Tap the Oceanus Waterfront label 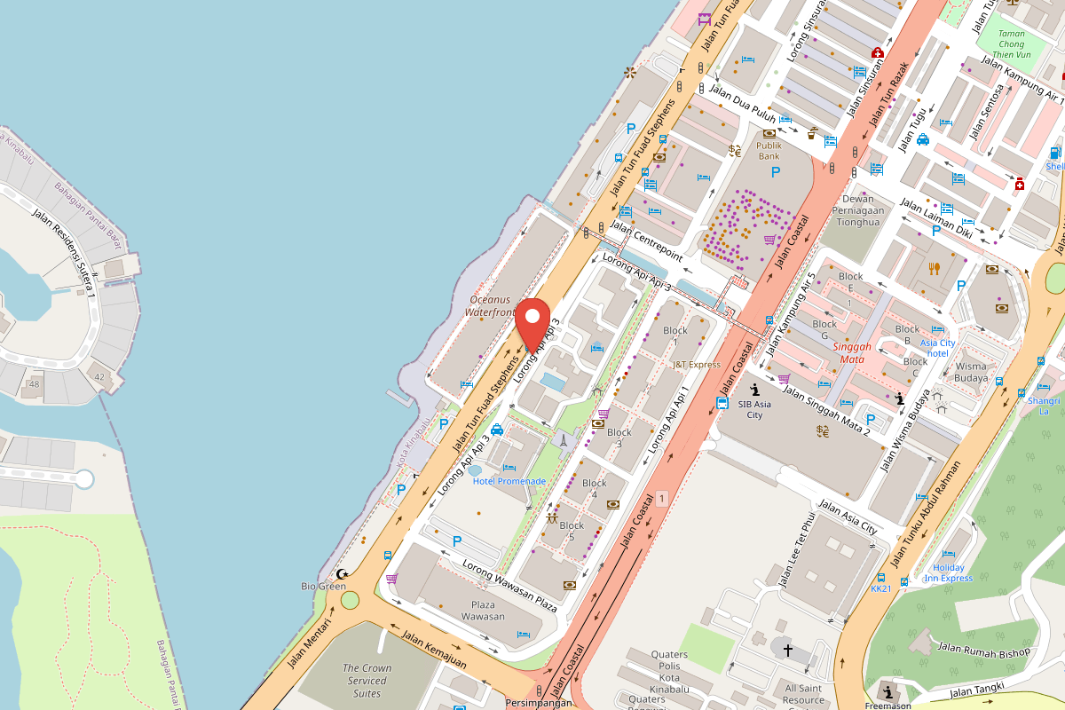pos(492,306)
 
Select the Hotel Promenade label pos(509,481)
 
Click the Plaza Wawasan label pos(483,610)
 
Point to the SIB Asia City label pos(753,409)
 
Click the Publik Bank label pos(769,150)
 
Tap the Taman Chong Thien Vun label pos(1011,43)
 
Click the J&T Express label pos(697,365)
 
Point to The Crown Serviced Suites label pos(367,681)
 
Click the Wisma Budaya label pos(971,371)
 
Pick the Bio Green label pos(323,587)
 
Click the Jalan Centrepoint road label pos(645,242)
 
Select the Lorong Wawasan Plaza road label pos(509,587)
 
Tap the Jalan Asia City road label pos(848,517)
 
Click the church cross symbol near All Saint pos(787,651)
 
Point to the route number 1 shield pos(662,500)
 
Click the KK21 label pos(880,588)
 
